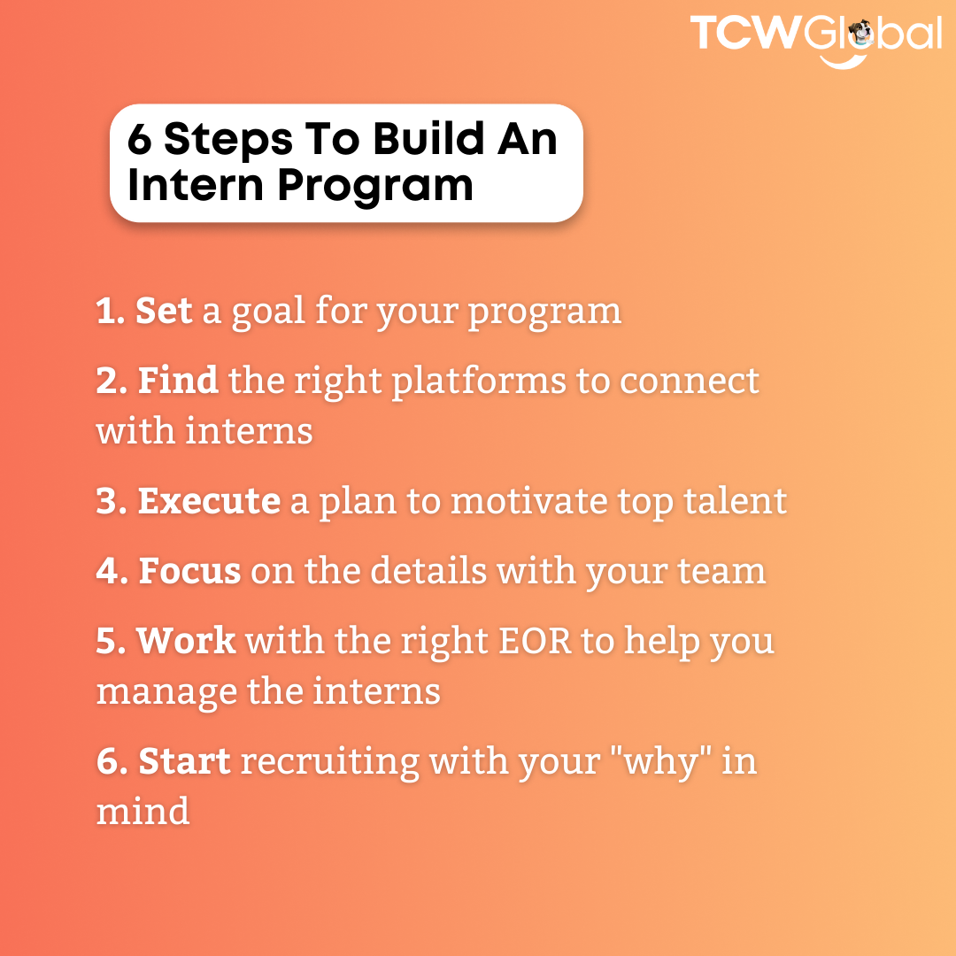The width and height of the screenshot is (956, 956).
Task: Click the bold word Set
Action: tap(164, 311)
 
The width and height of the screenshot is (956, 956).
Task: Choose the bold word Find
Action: tap(178, 381)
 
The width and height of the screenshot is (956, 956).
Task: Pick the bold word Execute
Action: tap(209, 501)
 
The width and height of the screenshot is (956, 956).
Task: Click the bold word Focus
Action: tap(189, 571)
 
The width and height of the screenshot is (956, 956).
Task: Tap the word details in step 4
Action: tap(428, 571)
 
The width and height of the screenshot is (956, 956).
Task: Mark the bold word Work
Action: tap(186, 640)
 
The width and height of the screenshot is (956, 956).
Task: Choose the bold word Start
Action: tap(185, 761)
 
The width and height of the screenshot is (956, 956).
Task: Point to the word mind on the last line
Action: tap(143, 810)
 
